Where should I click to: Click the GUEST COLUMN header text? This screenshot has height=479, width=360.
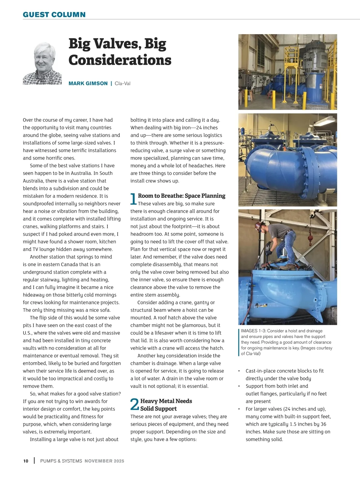pos(54,15)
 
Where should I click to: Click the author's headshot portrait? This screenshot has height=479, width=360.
pos(43,64)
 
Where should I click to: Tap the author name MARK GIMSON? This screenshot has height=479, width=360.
pos(88,83)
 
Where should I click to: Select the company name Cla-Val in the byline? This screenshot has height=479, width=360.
pos(122,83)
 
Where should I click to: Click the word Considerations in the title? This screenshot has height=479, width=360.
pos(120,60)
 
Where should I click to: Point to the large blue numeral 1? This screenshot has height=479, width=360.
pos(133,199)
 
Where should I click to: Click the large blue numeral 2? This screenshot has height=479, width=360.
pos(135,405)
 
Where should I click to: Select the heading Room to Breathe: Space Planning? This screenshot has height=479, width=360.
pos(181,196)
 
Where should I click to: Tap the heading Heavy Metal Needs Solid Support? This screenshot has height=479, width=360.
pos(166,405)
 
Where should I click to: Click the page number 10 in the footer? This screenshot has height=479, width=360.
pos(26,461)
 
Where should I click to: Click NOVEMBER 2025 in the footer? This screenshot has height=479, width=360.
pos(104,461)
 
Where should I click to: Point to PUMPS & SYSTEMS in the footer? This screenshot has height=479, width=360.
pos(61,461)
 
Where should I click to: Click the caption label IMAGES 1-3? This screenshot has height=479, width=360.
pos(253,331)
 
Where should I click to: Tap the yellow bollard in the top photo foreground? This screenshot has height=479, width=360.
pos(273,101)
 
